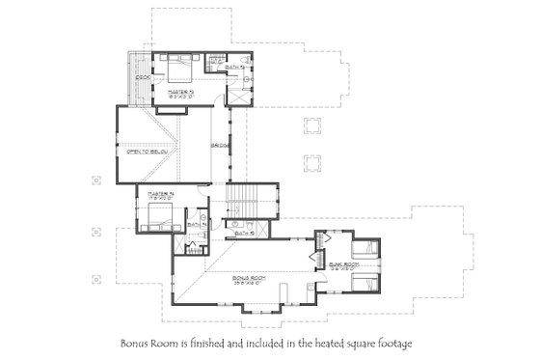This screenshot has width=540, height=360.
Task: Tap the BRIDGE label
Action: (x=220, y=147)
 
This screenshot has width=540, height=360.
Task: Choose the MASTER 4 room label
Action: (x=160, y=194)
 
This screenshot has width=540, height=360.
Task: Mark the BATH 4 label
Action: (x=193, y=224)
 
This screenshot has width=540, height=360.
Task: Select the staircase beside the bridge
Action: (x=241, y=204)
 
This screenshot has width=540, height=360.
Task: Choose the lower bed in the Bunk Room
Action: (x=364, y=285)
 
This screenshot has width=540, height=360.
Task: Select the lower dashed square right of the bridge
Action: (x=311, y=161)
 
